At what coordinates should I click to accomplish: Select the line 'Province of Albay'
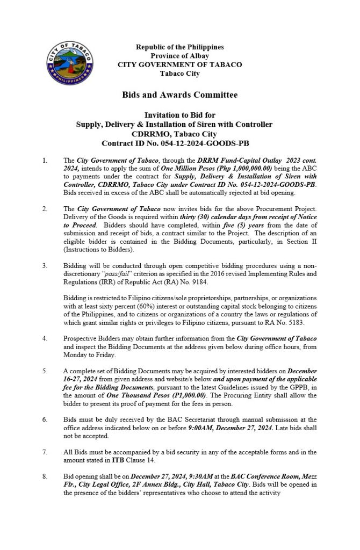coord(179,56)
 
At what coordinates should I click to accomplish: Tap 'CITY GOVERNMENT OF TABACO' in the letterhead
coord(179,64)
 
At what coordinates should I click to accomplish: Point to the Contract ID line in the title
coord(179,143)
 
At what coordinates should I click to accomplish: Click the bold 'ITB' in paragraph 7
coord(119,459)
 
